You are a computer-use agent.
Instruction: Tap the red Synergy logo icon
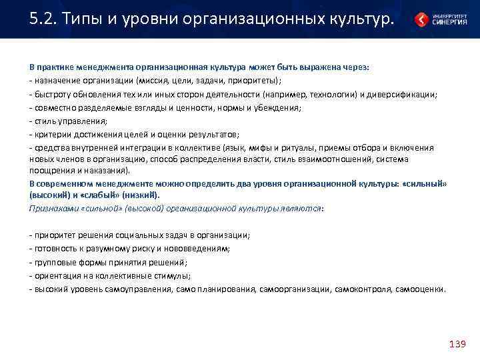(x=422, y=19)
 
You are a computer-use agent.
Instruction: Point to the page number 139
(x=457, y=344)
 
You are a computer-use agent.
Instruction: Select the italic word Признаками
(x=53, y=208)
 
